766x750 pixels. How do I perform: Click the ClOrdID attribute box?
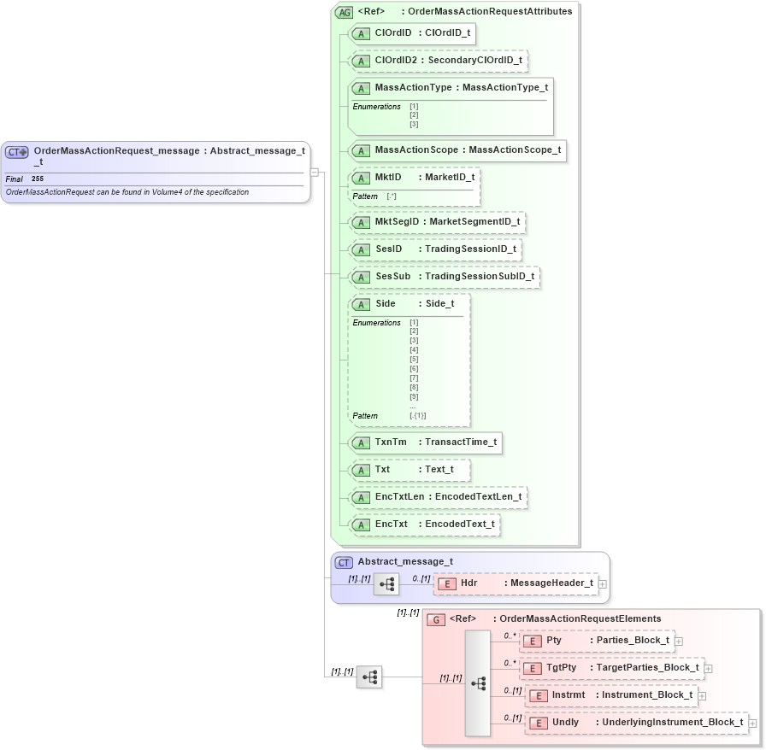[411, 33]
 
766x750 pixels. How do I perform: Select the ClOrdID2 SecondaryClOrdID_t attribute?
[438, 61]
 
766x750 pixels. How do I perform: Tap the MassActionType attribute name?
[414, 88]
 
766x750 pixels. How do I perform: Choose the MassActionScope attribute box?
[457, 150]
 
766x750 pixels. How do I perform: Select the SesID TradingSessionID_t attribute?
[434, 249]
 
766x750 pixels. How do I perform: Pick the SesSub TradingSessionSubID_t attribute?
[444, 277]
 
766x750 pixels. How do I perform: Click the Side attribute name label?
[386, 304]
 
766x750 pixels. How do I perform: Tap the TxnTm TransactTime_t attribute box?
[424, 442]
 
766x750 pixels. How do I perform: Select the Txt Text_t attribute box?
[409, 470]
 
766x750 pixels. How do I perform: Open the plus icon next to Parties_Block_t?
[679, 641]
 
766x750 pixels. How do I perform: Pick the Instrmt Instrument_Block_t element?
[610, 695]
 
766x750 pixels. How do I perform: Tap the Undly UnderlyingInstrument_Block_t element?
[636, 723]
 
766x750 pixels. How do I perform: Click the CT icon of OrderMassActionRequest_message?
[17, 152]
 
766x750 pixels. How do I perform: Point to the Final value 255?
[38, 179]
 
